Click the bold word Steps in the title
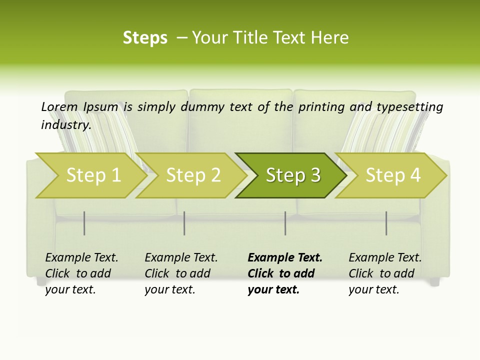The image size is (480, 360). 145,38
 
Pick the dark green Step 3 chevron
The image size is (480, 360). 292,175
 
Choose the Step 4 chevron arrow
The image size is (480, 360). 393,175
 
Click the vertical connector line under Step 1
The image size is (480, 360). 84,223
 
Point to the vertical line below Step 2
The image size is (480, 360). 184,223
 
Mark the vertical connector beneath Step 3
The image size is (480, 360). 285,223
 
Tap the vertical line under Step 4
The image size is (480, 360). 386,223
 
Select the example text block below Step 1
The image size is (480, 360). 81,273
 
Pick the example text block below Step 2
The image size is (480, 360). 181,273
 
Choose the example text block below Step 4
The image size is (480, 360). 385,273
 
